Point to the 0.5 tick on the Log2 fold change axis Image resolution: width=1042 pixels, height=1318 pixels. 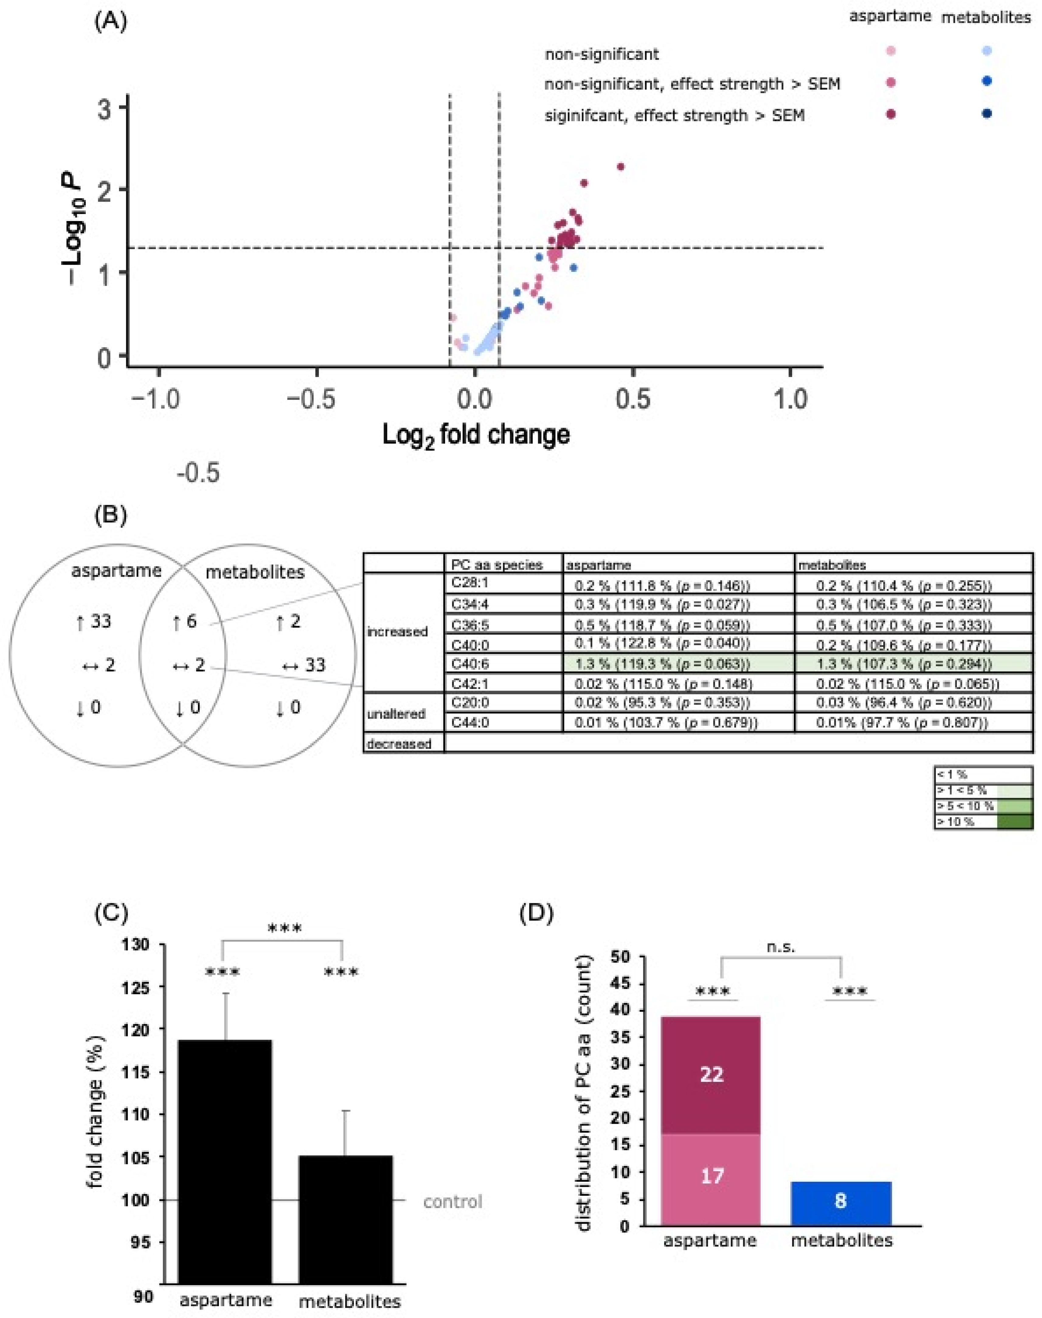(633, 400)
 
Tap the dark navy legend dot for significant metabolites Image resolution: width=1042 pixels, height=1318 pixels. (986, 113)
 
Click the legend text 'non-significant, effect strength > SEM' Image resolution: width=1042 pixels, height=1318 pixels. (692, 84)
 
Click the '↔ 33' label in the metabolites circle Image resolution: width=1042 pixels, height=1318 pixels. (304, 665)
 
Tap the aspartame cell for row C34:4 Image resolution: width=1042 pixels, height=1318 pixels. (662, 604)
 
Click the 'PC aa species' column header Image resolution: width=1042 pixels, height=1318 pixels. (497, 565)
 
